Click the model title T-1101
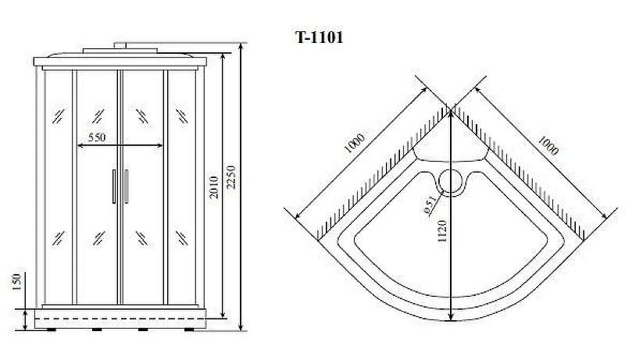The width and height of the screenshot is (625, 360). [319, 37]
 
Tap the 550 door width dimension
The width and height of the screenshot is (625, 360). [97, 137]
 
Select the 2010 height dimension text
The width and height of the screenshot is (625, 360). [214, 187]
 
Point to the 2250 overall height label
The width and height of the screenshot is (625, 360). [231, 177]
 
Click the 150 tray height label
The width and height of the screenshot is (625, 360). [16, 282]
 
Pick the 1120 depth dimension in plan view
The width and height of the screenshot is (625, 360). [441, 231]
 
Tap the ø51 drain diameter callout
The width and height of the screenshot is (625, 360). [429, 205]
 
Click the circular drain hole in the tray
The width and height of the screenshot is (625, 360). [451, 182]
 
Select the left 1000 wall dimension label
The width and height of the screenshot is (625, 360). [355, 144]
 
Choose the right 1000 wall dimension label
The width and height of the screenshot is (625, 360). [548, 145]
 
